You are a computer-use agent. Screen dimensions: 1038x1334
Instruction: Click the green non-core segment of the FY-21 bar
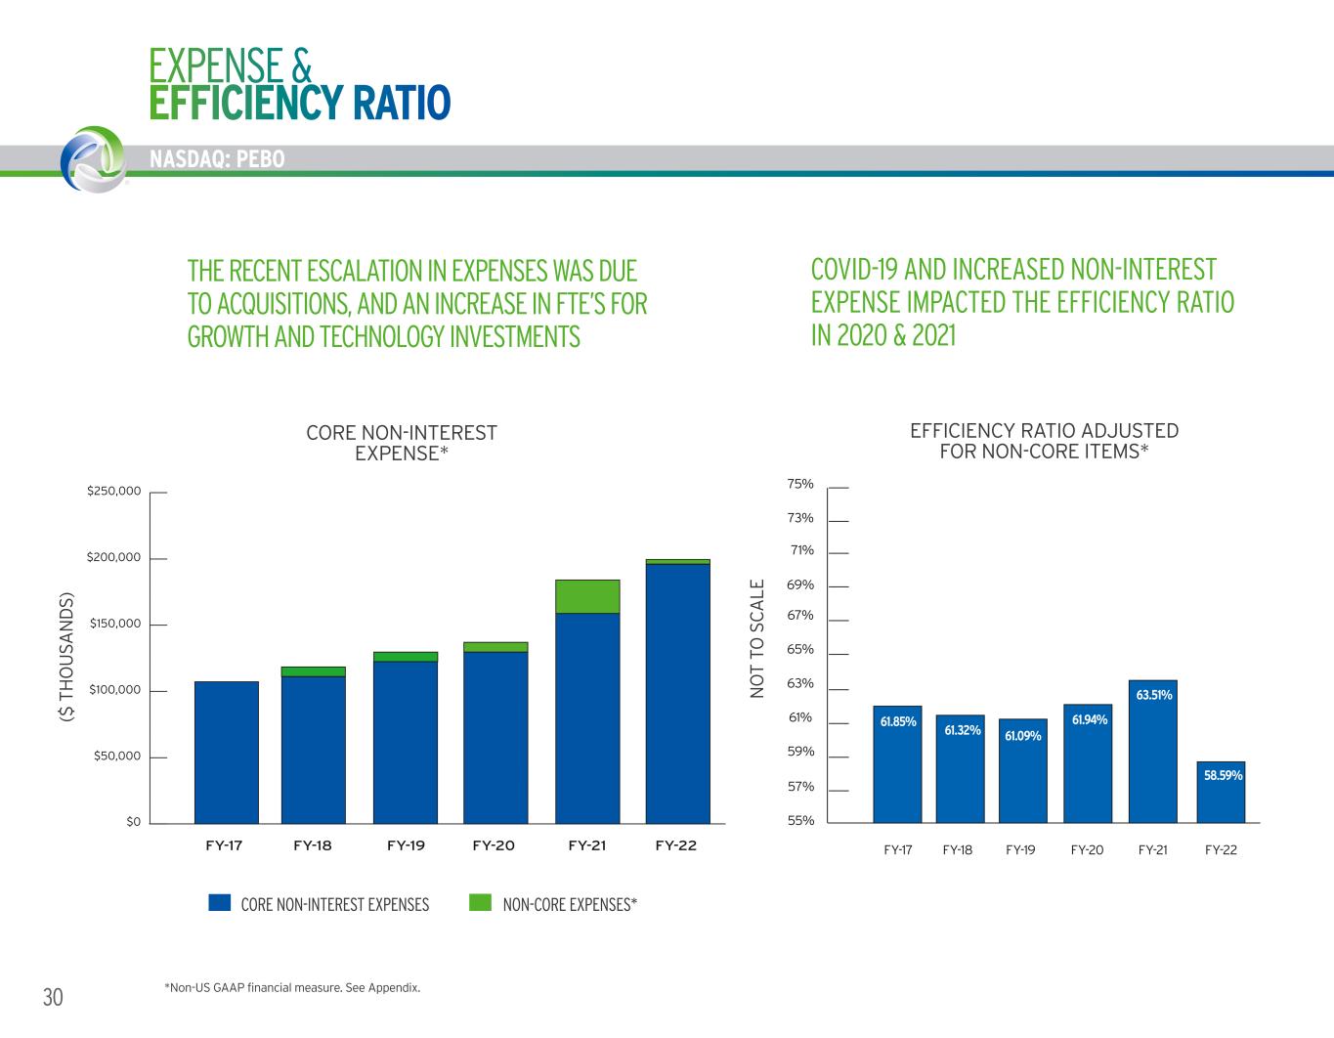coord(586,596)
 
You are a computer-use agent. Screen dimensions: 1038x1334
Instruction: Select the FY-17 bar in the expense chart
coord(226,752)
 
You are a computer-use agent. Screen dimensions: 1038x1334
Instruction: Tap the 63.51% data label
coord(1153,696)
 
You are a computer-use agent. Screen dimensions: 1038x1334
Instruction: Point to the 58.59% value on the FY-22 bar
coord(1222,775)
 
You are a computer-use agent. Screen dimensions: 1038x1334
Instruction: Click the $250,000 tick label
coord(114,491)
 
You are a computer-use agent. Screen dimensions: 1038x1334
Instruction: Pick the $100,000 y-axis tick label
coord(114,690)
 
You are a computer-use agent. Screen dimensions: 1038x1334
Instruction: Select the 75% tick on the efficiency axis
coord(799,484)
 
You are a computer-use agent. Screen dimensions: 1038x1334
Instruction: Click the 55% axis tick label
coord(799,821)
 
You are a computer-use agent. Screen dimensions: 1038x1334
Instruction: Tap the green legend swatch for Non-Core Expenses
coord(480,903)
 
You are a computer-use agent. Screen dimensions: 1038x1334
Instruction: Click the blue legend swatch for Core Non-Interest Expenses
coord(219,903)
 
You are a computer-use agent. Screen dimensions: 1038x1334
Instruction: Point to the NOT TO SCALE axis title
coord(756,638)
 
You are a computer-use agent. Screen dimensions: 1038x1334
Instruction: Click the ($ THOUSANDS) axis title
coord(67,656)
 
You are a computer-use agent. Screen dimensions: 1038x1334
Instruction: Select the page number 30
coord(53,997)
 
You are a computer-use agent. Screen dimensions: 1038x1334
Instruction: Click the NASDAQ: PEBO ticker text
coord(218,159)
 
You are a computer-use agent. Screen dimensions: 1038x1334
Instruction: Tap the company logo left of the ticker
coord(93,158)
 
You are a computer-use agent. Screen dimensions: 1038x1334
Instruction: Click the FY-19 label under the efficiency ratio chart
coord(1020,850)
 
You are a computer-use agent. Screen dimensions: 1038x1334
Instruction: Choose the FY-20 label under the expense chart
coord(494,845)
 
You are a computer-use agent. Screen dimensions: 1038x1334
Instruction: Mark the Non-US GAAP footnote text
coord(293,987)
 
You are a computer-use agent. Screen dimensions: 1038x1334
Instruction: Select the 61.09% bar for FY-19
coord(1023,772)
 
